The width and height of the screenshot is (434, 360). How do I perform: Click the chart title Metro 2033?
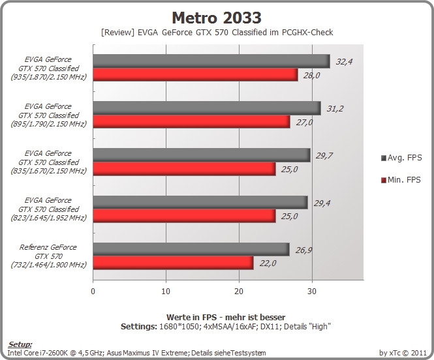[217, 18]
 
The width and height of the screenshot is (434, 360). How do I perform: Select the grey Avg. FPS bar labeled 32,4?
[211, 61]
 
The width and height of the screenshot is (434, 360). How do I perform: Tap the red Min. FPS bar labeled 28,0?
[195, 74]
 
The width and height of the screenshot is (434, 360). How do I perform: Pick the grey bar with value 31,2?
[207, 108]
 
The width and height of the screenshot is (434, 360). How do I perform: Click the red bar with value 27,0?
[191, 122]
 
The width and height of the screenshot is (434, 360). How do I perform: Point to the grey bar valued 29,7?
[202, 155]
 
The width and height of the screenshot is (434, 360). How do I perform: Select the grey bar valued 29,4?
[200, 202]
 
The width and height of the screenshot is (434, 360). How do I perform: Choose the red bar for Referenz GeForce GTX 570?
[173, 263]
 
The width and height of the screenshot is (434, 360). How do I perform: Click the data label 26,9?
[303, 250]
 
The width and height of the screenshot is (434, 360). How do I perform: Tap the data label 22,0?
[268, 263]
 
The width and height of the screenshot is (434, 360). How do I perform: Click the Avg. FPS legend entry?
[401, 158]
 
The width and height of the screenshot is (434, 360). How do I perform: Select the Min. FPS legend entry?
[401, 180]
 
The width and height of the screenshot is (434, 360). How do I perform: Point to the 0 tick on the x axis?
[93, 292]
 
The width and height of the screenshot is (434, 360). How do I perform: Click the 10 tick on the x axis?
[166, 292]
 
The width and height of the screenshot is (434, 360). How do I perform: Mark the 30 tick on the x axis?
[312, 292]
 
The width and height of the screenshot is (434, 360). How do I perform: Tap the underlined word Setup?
[20, 344]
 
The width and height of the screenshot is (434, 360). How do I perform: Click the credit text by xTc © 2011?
[403, 353]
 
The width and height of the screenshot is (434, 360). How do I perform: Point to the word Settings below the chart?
[138, 327]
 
